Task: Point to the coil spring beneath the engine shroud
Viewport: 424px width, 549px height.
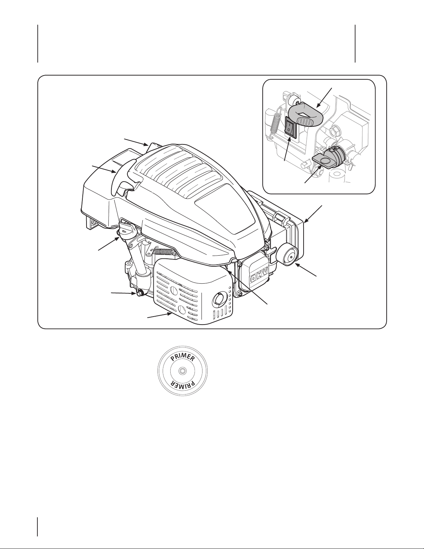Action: coord(164,251)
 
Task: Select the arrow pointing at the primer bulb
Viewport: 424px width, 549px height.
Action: coord(305,270)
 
